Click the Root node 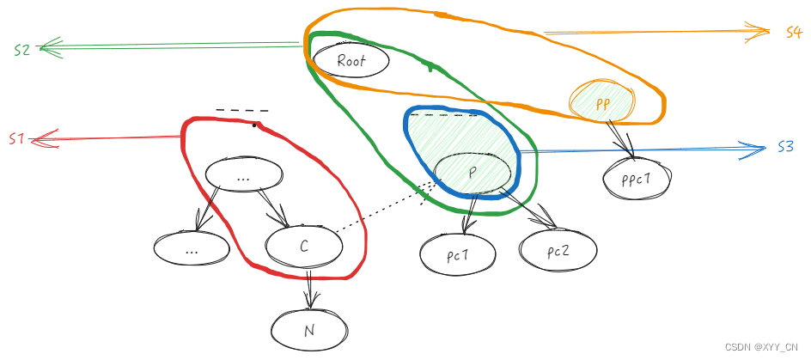[x=351, y=61]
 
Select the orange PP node [x=602, y=103]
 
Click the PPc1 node [x=637, y=179]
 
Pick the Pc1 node [x=459, y=253]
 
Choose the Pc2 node [x=557, y=251]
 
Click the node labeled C [x=304, y=247]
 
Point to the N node [x=310, y=329]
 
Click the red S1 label [x=17, y=138]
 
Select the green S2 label [x=22, y=50]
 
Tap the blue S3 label [x=785, y=147]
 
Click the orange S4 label [x=793, y=33]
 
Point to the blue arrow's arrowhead [x=756, y=149]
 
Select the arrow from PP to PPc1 [x=624, y=138]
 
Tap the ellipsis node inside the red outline [x=245, y=175]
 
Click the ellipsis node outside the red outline [x=192, y=249]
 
